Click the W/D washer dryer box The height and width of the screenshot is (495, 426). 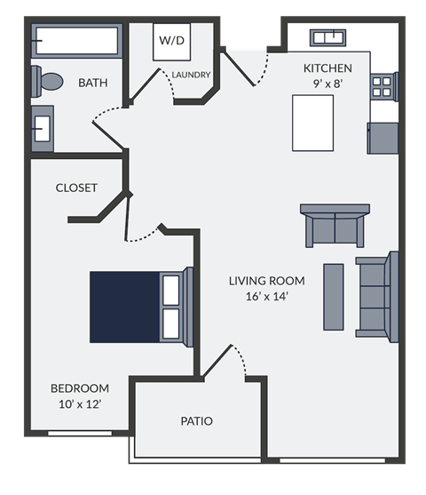tap(171, 42)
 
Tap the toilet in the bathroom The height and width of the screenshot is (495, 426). tap(48, 82)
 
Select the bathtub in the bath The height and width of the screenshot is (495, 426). tap(75, 41)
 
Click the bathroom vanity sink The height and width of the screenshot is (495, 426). tap(42, 128)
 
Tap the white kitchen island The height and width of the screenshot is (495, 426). tap(312, 124)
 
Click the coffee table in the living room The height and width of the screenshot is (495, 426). tap(334, 296)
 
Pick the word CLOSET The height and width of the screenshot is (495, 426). tap(76, 188)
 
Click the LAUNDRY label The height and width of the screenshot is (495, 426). tap(191, 75)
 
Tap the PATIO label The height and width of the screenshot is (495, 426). tap(196, 420)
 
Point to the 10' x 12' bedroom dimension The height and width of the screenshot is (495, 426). tap(80, 404)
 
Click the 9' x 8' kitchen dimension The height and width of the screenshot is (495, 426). tap(327, 84)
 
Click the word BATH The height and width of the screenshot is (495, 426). tap(93, 83)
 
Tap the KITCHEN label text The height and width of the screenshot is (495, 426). tap(327, 68)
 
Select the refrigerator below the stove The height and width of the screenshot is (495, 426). tap(383, 137)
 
